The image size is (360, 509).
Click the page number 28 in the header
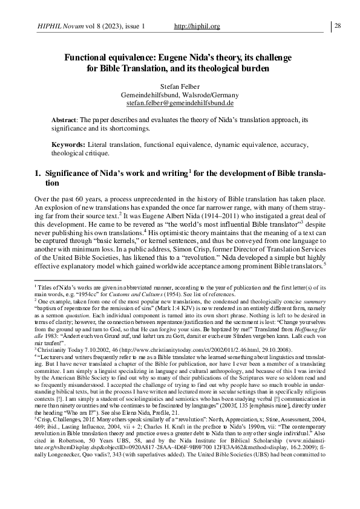[x=338, y=25]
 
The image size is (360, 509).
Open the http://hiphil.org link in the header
[x=196, y=27]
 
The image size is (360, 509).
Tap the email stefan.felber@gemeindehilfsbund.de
[x=180, y=104]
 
